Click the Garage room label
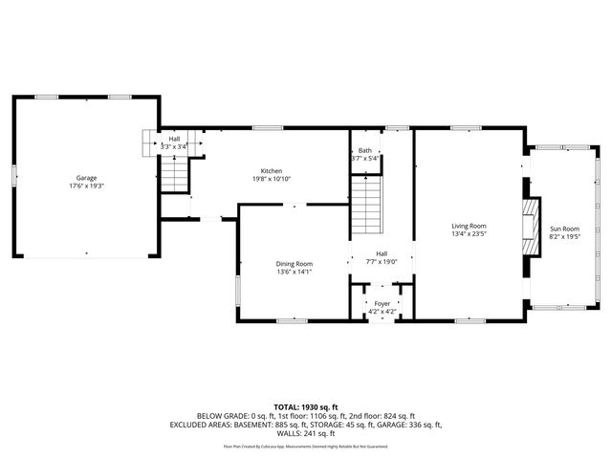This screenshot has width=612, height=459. coord(87,178)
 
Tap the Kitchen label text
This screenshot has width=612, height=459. coord(272,170)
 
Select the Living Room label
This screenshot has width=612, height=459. coord(470,226)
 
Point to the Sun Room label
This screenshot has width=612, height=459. coord(564,229)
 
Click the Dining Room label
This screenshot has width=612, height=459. coord(295,263)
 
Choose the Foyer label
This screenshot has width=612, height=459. coord(382,303)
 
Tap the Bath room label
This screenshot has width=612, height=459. coord(364,150)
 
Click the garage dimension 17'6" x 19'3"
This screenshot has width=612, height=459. coord(87,186)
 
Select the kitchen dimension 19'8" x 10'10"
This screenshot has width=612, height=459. coord(272,179)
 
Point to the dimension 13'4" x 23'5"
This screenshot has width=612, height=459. coord(470,234)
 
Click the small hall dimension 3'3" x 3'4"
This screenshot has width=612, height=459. coord(175,146)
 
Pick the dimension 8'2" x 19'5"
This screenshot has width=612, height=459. coord(564,237)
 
